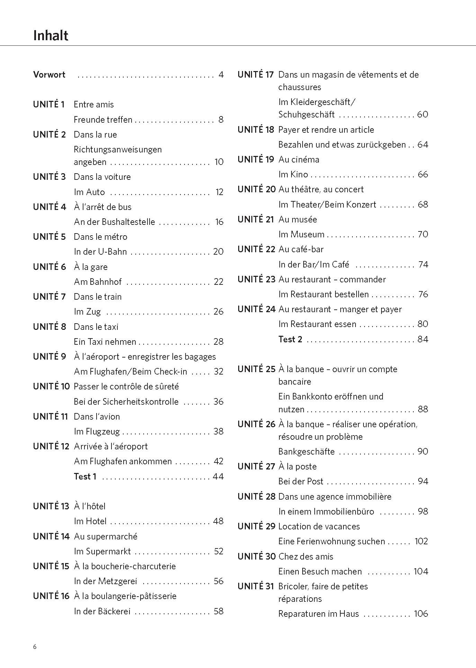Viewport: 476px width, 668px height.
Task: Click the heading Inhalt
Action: tap(51, 35)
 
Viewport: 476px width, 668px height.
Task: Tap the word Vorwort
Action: tap(49, 74)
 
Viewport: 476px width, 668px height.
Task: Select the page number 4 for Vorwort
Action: tap(221, 74)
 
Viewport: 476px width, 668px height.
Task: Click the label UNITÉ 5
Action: tap(49, 237)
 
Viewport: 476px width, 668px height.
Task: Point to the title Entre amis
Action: tap(93, 104)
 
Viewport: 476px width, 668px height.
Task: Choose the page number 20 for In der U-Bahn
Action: tap(218, 252)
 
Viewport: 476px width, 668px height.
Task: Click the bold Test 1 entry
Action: tap(85, 476)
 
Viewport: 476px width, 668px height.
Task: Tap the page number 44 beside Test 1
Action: tap(218, 476)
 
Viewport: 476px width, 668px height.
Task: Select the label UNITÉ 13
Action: tap(51, 506)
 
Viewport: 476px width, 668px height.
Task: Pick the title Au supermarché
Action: tap(106, 536)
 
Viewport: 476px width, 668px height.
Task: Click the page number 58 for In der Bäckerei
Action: tap(218, 611)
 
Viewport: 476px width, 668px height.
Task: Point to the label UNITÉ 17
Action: tap(255, 74)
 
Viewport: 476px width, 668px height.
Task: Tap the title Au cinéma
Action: tap(299, 159)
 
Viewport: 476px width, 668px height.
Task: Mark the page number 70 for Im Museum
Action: tap(423, 234)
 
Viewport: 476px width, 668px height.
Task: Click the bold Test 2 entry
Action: tap(290, 339)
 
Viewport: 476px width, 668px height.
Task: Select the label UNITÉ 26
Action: tap(256, 424)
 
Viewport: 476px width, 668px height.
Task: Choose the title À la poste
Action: tap(297, 466)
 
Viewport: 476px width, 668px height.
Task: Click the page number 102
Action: tap(421, 541)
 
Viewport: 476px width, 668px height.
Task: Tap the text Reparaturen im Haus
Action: tap(318, 614)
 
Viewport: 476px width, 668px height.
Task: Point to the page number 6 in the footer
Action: tap(35, 647)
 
